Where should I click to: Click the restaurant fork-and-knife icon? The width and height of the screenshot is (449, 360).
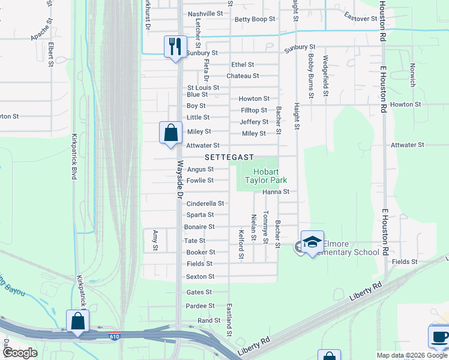[175, 46]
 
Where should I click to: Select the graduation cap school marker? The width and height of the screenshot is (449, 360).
[312, 242]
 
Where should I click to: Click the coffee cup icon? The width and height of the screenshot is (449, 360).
[439, 336]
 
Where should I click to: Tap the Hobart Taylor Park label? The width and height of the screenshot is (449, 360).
[265, 176]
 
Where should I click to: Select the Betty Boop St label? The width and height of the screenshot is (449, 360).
[255, 19]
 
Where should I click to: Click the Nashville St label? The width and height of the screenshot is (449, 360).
[205, 14]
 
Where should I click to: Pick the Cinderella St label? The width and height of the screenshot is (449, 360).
[204, 203]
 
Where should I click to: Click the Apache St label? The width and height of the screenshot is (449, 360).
[43, 33]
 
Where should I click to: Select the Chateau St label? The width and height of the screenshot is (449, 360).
[243, 76]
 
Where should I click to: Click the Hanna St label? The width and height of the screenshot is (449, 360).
[276, 192]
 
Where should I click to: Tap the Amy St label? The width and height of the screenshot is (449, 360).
[155, 240]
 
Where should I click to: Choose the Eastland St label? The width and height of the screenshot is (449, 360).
[229, 319]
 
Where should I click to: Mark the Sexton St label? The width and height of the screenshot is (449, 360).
[200, 277]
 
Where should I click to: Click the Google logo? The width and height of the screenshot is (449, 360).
[19, 353]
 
